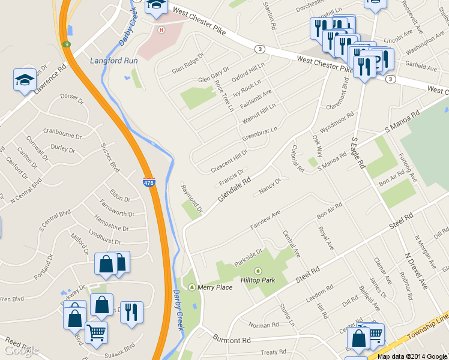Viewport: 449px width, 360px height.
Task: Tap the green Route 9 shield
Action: (66, 44)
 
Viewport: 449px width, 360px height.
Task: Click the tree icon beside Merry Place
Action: (192, 287)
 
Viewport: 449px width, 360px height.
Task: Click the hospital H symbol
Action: (160, 30)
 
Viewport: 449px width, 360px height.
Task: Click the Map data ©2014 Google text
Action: (412, 356)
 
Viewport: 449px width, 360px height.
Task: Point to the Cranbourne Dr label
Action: (62, 133)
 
